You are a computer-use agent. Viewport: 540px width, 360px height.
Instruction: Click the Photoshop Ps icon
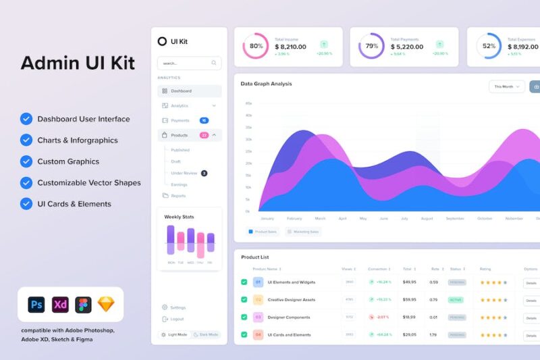tap(36, 305)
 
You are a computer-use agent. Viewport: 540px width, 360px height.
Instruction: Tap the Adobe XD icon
tap(60, 305)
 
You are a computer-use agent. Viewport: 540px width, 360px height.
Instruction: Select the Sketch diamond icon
tap(106, 305)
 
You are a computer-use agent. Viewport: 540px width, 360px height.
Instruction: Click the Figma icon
tap(83, 305)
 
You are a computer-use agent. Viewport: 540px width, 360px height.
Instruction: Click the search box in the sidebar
tap(189, 63)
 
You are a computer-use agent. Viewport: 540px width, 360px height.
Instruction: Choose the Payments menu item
tap(180, 120)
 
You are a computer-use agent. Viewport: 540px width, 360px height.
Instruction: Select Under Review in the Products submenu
tap(184, 173)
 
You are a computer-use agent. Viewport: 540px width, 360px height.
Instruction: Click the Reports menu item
tap(178, 196)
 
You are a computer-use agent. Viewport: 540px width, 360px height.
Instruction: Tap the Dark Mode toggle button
tap(206, 334)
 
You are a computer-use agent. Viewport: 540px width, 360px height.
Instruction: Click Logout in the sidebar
tap(177, 319)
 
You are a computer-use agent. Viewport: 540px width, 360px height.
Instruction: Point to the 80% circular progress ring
tap(256, 46)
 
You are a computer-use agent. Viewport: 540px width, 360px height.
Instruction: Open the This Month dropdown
tap(507, 86)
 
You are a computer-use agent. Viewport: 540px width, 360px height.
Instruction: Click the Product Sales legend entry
tap(263, 232)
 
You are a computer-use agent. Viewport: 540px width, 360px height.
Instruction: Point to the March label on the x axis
tap(320, 218)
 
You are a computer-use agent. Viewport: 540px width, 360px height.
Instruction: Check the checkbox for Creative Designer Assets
tap(244, 299)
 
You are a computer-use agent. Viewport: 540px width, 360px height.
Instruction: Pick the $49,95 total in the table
tap(409, 282)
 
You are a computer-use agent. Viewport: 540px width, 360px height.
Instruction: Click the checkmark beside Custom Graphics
tap(26, 161)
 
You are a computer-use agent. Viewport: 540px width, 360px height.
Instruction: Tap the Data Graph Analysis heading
tap(267, 84)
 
